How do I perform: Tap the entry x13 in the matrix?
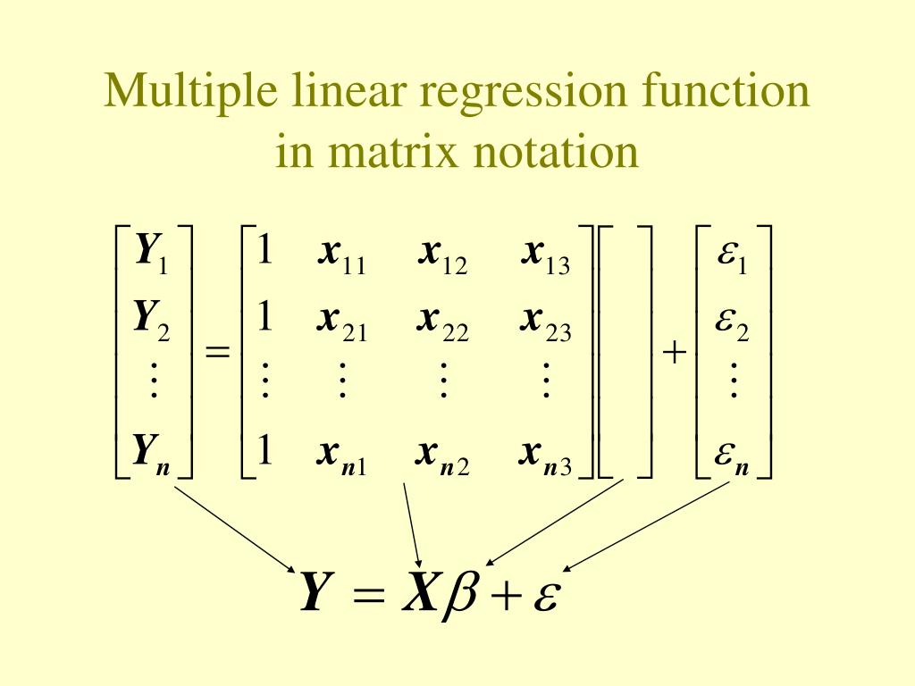click(x=545, y=255)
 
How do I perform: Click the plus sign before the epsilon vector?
click(x=675, y=354)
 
